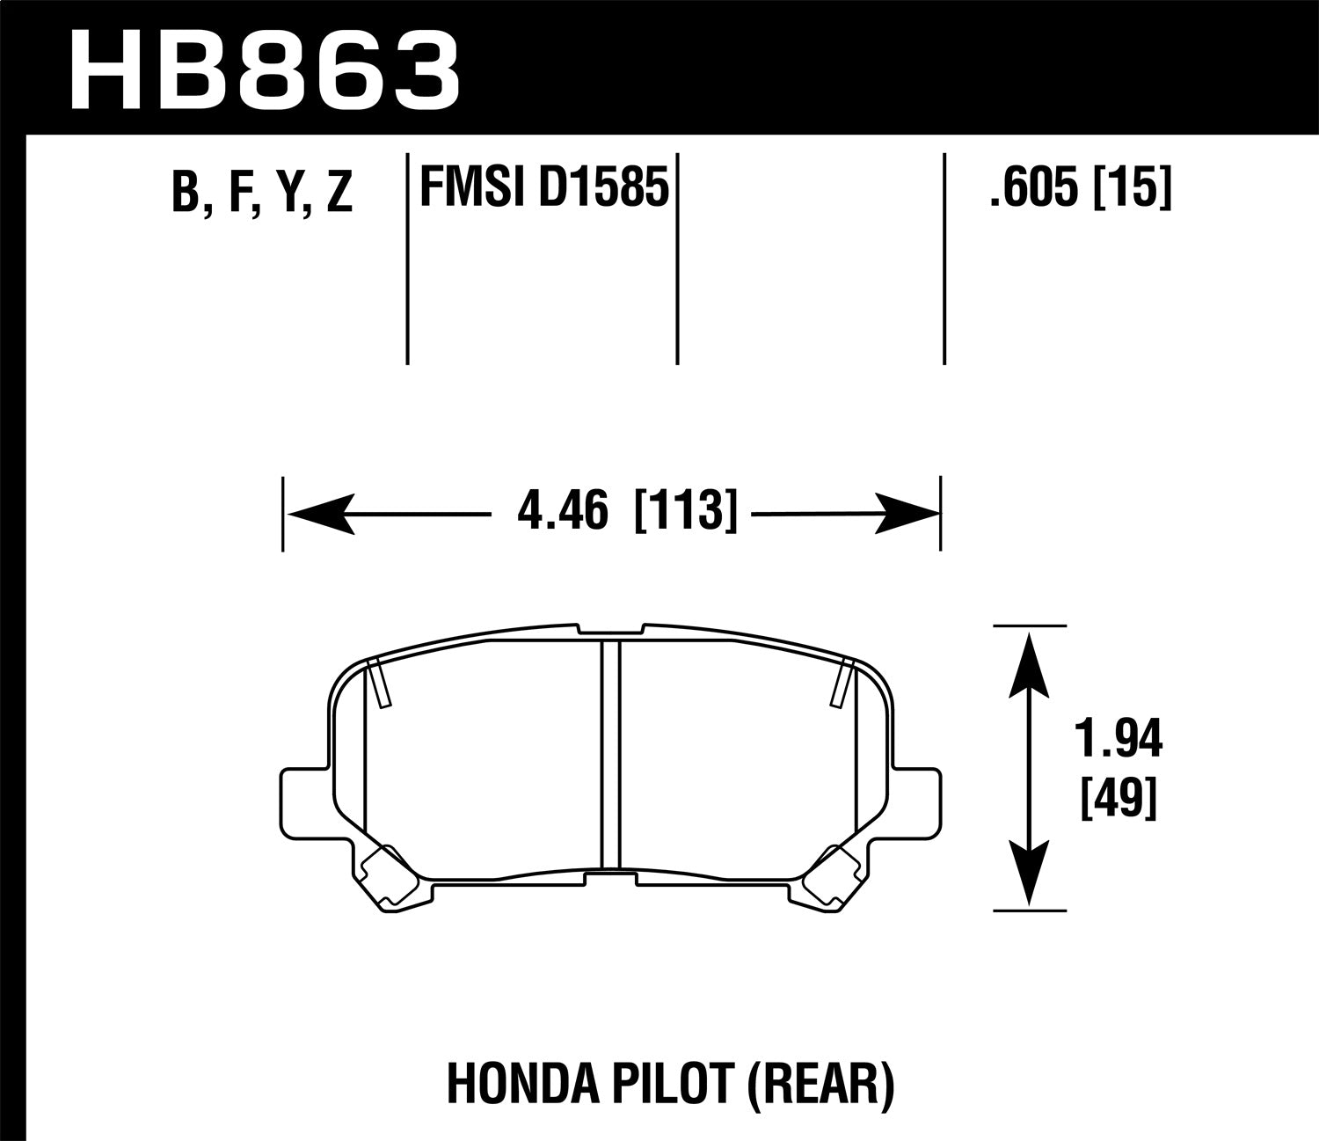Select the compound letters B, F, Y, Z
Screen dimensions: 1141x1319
[262, 193]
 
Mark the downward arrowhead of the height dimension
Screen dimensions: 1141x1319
[1029, 871]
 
